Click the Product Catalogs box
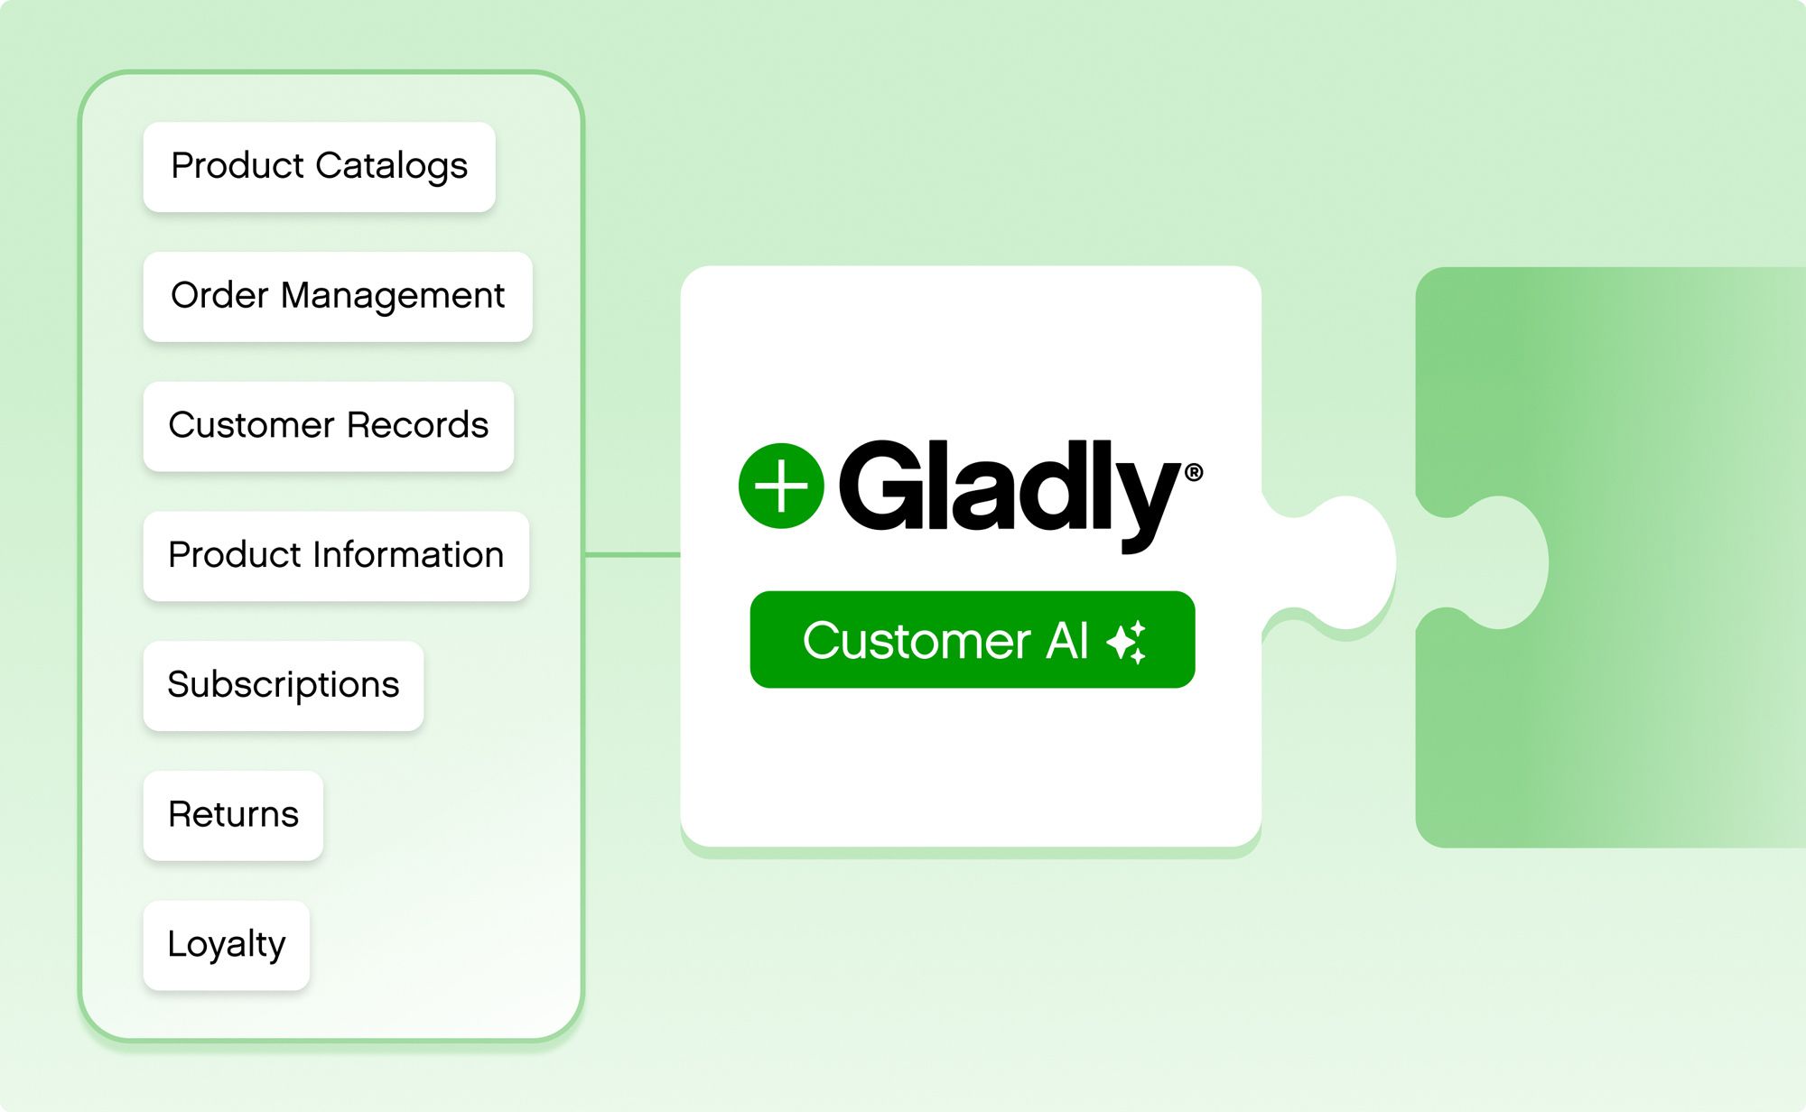[319, 167]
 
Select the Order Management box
[337, 296]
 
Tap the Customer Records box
[328, 426]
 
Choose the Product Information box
[336, 556]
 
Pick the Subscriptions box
[283, 685]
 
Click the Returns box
[233, 815]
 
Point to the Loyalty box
[226, 945]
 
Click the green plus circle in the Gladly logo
[781, 486]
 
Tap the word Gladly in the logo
[1007, 487]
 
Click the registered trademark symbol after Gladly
[1193, 472]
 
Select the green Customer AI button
[972, 639]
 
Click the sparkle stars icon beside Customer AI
[1127, 642]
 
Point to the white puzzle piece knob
[1345, 561]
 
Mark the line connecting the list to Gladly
[632, 554]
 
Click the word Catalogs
[391, 167]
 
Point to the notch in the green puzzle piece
[1499, 561]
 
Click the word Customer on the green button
[917, 641]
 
